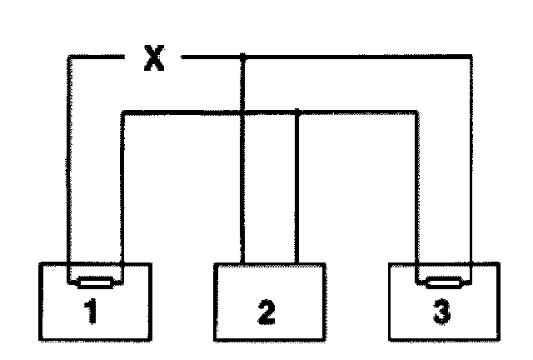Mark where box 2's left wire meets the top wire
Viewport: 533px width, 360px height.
coord(242,57)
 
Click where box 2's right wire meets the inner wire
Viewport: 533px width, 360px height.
coord(297,110)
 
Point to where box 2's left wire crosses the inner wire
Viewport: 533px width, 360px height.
coord(242,110)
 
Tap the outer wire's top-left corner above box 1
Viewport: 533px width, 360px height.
coord(67,57)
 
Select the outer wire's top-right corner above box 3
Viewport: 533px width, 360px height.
coord(471,57)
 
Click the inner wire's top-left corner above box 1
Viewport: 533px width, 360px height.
coord(122,110)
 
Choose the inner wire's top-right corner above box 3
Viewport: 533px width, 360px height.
coord(416,110)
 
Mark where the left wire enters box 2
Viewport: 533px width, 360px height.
coord(242,264)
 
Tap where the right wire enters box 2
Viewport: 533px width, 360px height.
coord(297,264)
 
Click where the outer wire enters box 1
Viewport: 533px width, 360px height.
coord(67,264)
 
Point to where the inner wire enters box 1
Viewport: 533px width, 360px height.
coord(122,264)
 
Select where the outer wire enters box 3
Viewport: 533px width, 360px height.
coord(471,264)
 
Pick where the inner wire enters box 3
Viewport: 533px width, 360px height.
coord(416,264)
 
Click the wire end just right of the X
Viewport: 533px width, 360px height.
coord(183,57)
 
